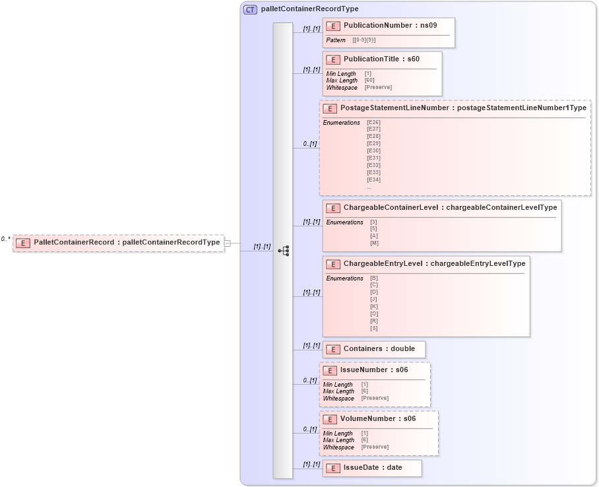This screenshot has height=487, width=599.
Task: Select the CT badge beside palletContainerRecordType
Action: pos(251,9)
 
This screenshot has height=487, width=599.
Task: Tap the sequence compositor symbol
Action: pos(284,251)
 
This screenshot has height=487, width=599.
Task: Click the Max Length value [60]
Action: pos(370,81)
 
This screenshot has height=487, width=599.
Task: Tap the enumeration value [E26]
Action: pos(373,122)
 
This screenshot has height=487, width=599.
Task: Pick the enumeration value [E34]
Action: pos(373,179)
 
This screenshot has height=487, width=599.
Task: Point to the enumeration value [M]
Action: pos(374,243)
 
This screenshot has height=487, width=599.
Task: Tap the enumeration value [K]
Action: pos(374,306)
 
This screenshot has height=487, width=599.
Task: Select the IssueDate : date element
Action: pos(373,467)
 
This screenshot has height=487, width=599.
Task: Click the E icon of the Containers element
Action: pos(334,349)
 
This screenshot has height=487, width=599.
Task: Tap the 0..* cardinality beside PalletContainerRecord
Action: pos(6,239)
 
